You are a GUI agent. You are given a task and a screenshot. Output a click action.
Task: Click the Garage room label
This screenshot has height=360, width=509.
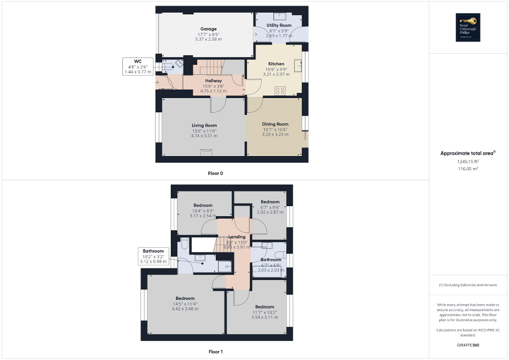pos(208,29)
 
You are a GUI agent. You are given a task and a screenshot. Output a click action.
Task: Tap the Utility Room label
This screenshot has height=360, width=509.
pos(279,25)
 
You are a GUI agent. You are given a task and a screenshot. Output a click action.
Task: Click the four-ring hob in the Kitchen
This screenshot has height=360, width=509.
pos(280,91)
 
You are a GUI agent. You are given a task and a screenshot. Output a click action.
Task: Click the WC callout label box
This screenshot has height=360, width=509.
pos(138,66)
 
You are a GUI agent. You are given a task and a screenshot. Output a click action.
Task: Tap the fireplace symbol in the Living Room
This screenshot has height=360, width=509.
pos(206,152)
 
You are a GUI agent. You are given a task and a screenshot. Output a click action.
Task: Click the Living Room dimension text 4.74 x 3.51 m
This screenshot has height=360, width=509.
pos(204,135)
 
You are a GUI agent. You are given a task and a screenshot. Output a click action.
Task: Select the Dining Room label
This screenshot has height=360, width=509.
pos(275,124)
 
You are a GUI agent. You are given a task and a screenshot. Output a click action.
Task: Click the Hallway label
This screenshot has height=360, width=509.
pos(213,81)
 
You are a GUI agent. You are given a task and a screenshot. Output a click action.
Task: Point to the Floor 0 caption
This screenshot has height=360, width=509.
pos(215,173)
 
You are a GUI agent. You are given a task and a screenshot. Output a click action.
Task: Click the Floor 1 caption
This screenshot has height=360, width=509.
pos(216,351)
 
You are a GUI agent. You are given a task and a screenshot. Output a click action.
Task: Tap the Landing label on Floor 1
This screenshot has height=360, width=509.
pos(237,237)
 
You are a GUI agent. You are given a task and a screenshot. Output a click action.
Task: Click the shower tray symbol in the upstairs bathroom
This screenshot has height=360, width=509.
pos(225,266)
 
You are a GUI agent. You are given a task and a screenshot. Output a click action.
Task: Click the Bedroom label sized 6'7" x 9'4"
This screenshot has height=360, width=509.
pos(270,202)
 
